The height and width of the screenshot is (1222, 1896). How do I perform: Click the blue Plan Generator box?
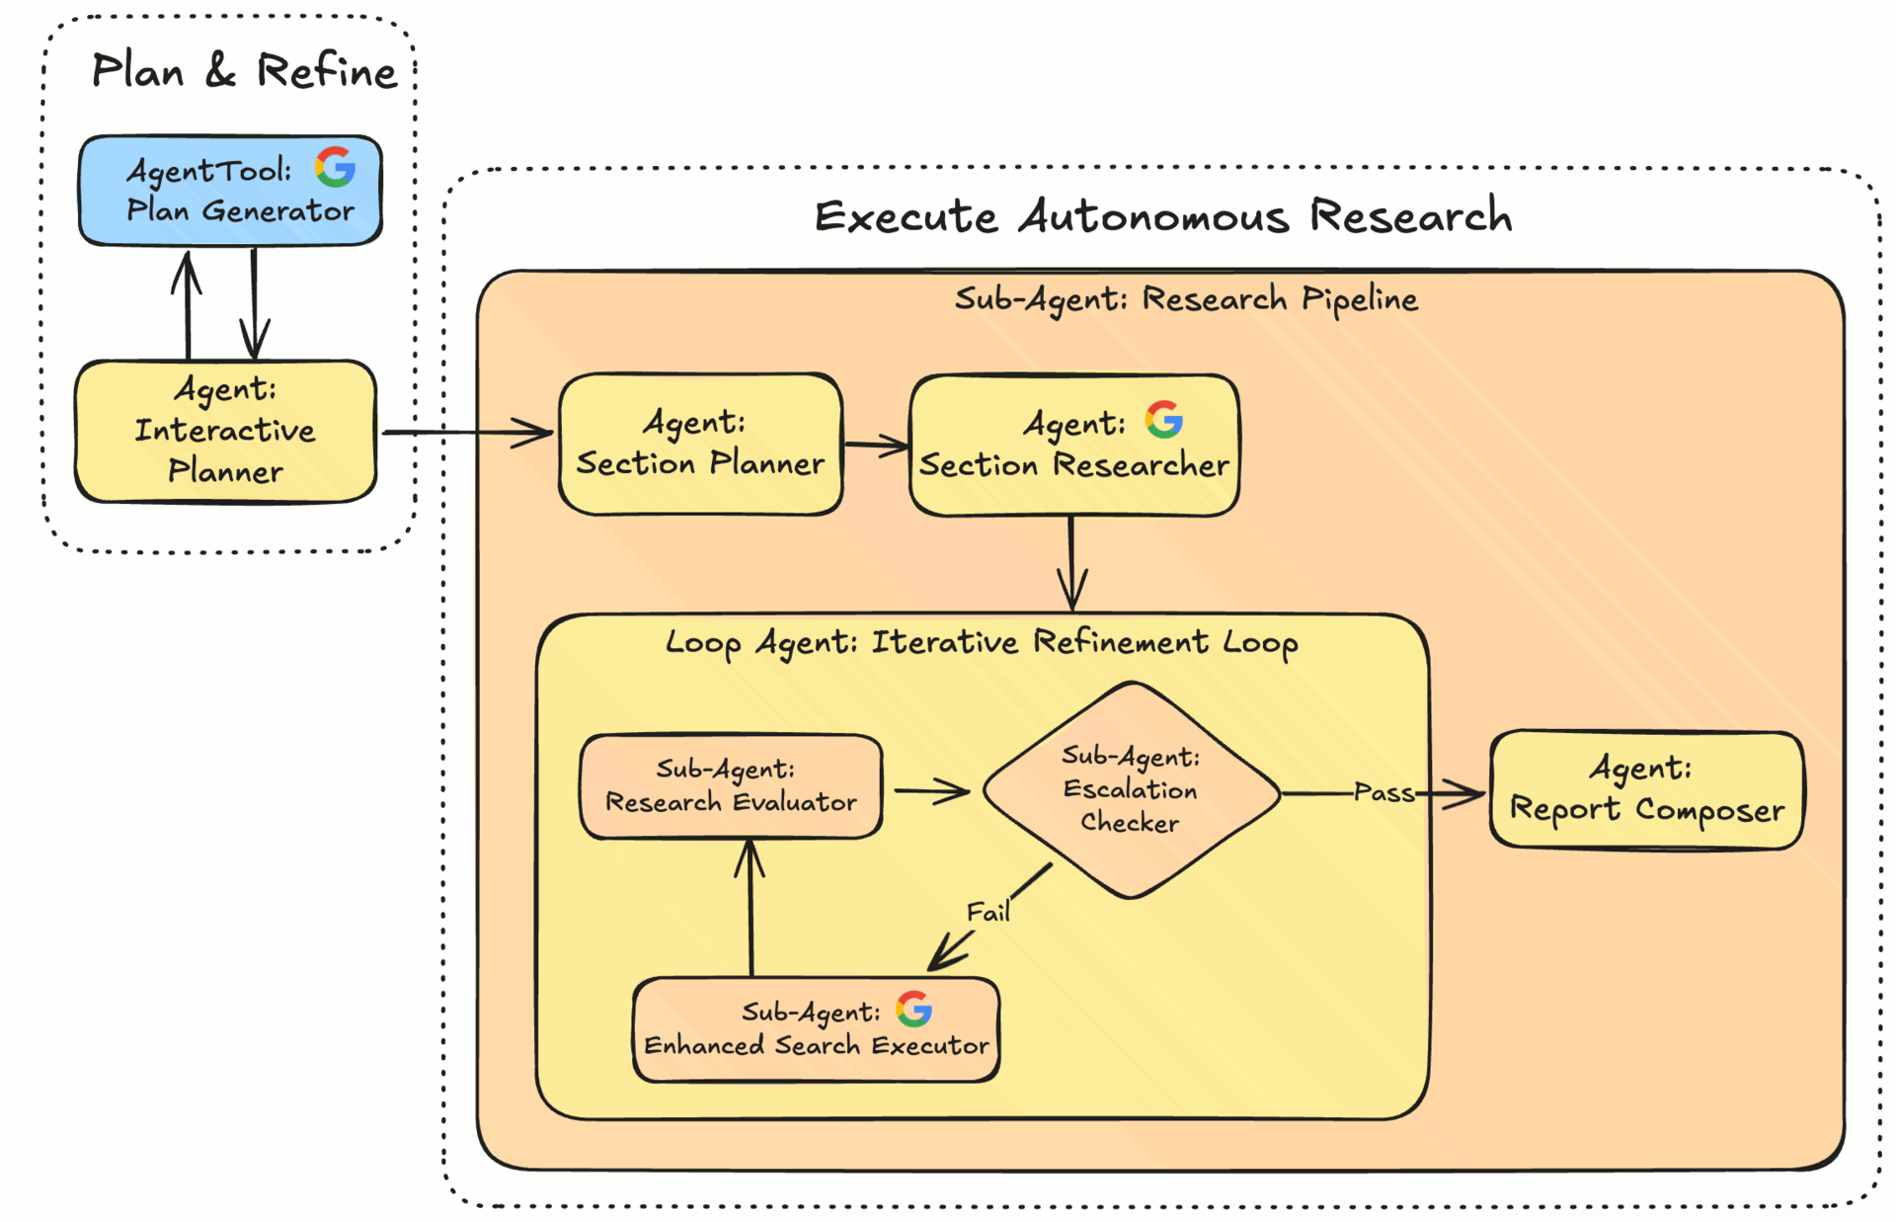(x=229, y=191)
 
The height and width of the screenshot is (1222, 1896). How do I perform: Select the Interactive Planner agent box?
(x=225, y=432)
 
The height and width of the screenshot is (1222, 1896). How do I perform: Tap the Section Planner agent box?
(x=700, y=445)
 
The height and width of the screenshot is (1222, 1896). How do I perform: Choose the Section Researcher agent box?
(x=1073, y=447)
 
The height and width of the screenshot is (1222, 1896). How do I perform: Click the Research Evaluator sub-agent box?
(x=731, y=787)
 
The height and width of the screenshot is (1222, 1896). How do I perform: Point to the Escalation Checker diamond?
(x=1131, y=790)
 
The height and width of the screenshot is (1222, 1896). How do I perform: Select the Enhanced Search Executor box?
(x=816, y=1030)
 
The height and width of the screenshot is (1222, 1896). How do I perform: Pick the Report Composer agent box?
(x=1646, y=790)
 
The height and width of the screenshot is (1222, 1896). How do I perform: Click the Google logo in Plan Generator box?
(x=336, y=167)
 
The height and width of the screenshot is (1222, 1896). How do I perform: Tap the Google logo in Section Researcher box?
(x=1164, y=420)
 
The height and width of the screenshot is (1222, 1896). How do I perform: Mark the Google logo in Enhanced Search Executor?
(x=913, y=1009)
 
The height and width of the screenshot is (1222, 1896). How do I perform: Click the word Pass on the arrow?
(x=1383, y=792)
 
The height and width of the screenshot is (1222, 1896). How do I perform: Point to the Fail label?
(x=987, y=912)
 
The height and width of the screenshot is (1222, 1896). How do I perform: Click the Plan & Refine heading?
(x=244, y=71)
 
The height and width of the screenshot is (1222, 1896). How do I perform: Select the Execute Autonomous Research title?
(x=1162, y=216)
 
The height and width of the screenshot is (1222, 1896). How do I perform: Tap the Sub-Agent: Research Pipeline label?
(x=1186, y=298)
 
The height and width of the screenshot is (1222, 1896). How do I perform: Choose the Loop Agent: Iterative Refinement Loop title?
(x=982, y=643)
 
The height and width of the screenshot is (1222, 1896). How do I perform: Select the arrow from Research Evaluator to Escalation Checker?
(x=931, y=790)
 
